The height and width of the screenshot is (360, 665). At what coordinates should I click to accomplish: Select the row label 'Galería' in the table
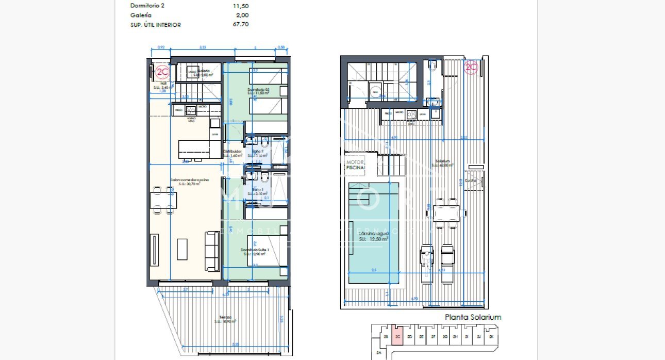(141, 15)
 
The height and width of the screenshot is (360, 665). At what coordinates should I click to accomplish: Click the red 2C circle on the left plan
(163, 71)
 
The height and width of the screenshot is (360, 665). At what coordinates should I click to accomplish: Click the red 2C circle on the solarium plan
(471, 67)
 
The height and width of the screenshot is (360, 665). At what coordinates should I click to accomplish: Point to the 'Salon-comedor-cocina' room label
(190, 181)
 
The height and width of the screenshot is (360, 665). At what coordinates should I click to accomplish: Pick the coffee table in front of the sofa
(182, 249)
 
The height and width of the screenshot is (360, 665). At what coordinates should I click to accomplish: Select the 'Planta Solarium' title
(473, 317)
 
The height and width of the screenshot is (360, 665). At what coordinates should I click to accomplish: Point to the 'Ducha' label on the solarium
(471, 181)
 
